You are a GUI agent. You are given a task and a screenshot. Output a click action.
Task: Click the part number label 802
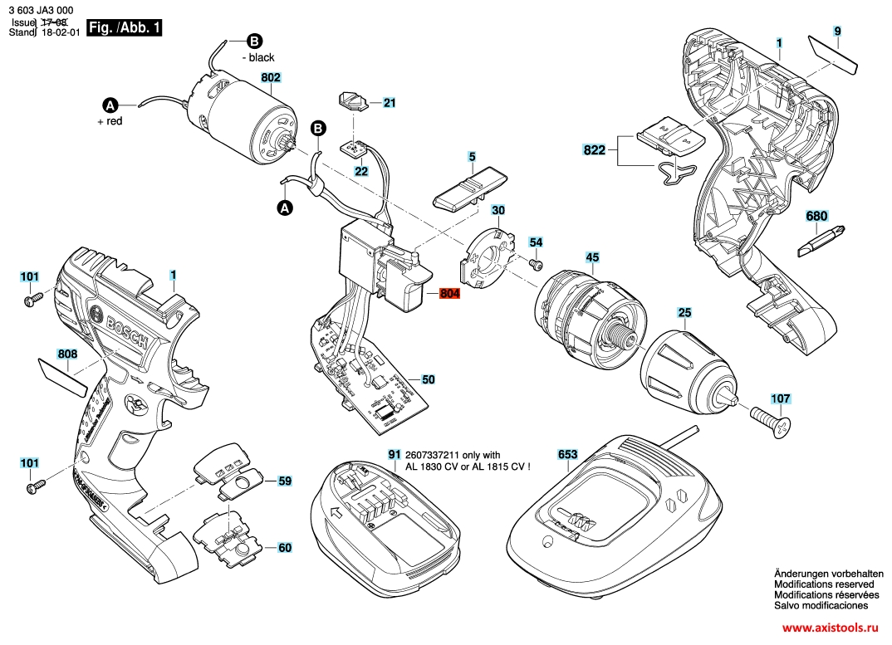(x=271, y=78)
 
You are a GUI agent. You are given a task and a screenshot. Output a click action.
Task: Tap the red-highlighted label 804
(x=448, y=293)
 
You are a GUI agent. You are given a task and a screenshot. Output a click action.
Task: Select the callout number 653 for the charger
(x=566, y=455)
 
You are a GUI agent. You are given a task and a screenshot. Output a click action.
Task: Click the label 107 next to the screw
(x=781, y=398)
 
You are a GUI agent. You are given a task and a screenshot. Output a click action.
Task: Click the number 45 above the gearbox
(x=592, y=257)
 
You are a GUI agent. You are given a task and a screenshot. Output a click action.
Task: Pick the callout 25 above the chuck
(x=684, y=313)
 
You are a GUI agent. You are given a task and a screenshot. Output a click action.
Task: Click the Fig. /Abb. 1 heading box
(x=125, y=27)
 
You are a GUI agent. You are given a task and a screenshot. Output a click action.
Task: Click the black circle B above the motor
(x=253, y=40)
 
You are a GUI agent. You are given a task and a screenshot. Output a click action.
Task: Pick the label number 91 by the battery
(x=394, y=455)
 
